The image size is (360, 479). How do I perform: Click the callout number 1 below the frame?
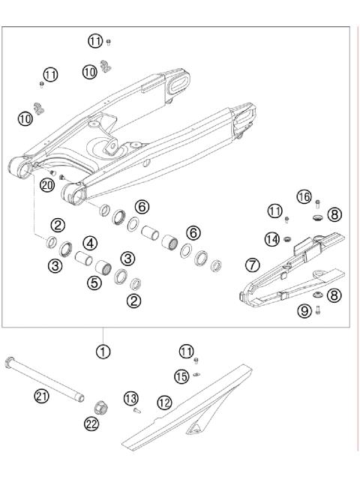point(103,350)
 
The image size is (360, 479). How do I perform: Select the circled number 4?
point(90,243)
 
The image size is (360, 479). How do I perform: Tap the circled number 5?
point(94,283)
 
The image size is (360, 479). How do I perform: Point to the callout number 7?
point(253,265)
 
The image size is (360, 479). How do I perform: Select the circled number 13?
point(130,397)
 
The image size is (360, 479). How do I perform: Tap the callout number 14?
point(271,238)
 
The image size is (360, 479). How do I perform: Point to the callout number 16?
point(303,196)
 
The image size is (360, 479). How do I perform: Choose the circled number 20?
point(46,184)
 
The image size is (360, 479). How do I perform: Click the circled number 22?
point(92,424)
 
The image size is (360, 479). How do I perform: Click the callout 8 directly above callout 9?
point(334,295)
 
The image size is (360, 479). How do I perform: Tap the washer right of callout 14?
point(286,239)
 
